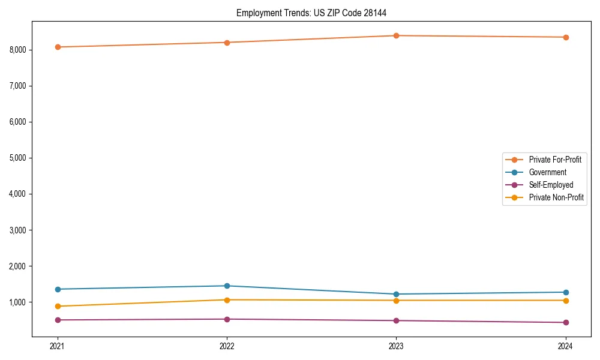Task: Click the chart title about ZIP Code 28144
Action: click(x=315, y=13)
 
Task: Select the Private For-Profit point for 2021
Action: click(x=58, y=47)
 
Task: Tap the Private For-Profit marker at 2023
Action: click(x=396, y=35)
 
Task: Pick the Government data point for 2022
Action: click(x=227, y=286)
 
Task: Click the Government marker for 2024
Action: click(x=566, y=292)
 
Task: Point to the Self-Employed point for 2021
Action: click(x=58, y=320)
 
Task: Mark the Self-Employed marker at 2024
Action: click(x=566, y=322)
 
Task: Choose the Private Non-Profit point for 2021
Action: click(x=58, y=306)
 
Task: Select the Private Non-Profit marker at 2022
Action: click(x=227, y=300)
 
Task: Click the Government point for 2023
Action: click(x=396, y=294)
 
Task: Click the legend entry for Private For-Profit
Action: click(x=555, y=160)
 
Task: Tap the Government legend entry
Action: click(x=547, y=172)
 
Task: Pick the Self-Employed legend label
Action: click(x=551, y=185)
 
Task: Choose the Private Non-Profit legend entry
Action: click(x=556, y=197)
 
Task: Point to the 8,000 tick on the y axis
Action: click(x=18, y=50)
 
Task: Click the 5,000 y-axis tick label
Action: click(x=18, y=158)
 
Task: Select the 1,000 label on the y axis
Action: click(x=18, y=302)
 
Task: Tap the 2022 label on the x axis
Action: click(x=227, y=346)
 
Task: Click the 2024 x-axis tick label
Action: click(x=566, y=346)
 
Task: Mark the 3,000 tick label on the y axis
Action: click(x=18, y=230)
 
